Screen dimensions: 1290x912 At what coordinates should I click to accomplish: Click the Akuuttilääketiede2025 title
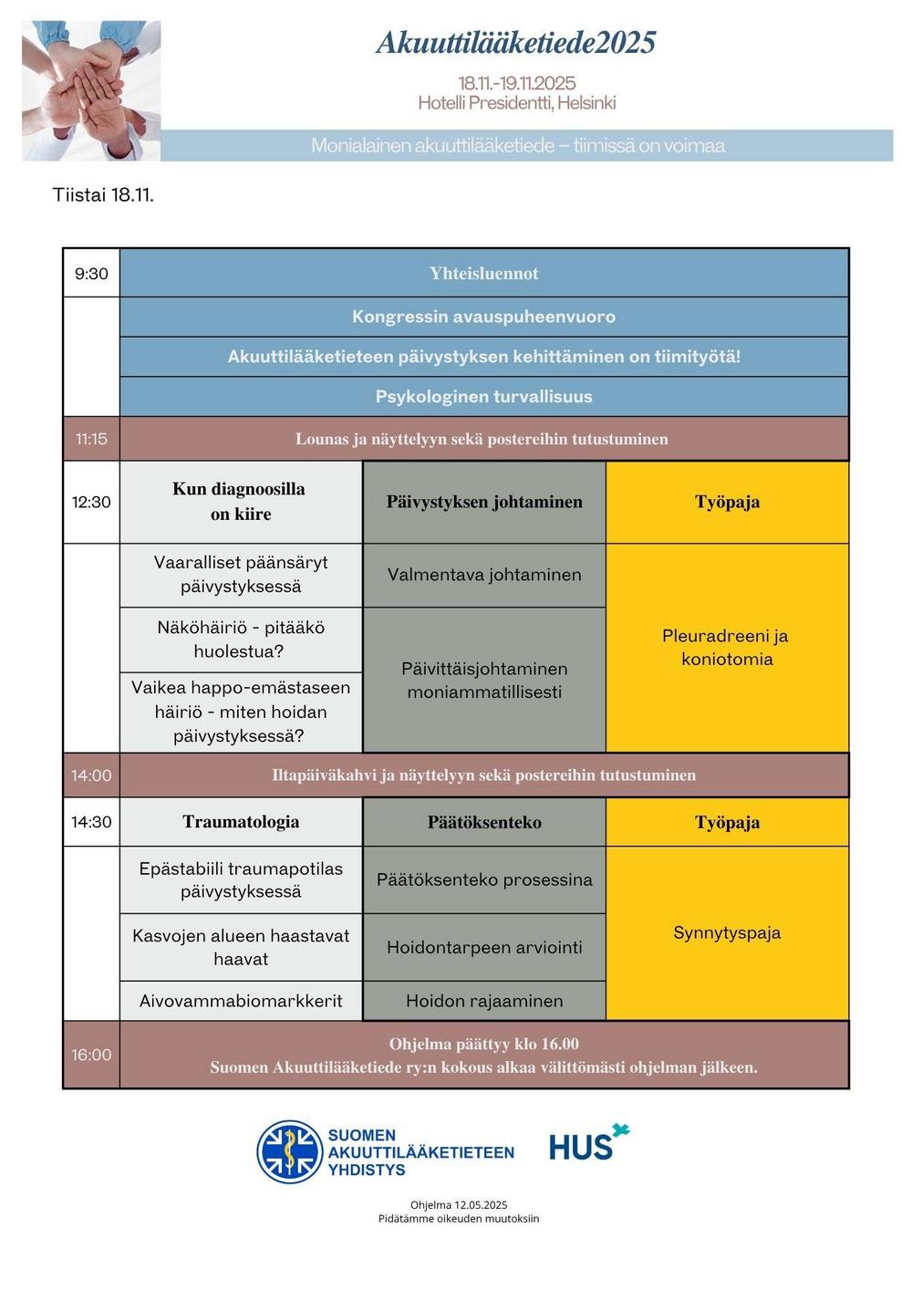coord(515,43)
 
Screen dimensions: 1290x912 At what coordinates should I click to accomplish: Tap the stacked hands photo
coord(91,90)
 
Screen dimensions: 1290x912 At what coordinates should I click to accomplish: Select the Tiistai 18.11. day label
coord(103,194)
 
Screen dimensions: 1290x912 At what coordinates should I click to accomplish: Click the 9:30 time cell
coord(91,274)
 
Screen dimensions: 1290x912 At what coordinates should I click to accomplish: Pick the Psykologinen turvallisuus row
coord(483,397)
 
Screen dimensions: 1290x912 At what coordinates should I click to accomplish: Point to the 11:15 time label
coord(91,439)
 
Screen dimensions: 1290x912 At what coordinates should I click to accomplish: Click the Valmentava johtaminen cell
coord(483,575)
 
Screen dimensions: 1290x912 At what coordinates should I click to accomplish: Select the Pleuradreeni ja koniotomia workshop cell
coord(727,648)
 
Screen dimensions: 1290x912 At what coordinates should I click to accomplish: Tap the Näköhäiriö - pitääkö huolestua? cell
coord(241,639)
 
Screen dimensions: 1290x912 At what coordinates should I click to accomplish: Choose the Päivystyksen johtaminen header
coord(483,502)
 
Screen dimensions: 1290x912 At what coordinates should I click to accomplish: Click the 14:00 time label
coord(91,775)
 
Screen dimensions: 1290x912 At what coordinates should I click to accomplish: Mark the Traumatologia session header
coord(241,822)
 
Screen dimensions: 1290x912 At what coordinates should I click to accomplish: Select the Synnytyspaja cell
coord(727,932)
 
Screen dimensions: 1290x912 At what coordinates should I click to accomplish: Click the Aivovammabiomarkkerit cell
coord(241,1001)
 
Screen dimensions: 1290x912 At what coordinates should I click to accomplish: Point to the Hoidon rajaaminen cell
coord(483,1001)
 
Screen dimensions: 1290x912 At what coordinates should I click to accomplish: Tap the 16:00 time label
coord(91,1055)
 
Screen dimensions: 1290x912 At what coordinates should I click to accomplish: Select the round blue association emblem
coord(289,1151)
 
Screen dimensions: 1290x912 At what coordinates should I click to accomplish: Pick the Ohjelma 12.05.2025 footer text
coord(459,1205)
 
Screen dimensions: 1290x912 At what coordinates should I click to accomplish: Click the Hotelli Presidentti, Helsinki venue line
coord(516,103)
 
